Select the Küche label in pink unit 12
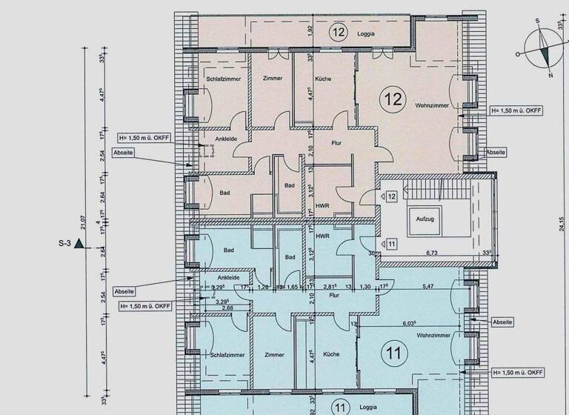(x=322, y=79)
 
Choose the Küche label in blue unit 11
(x=331, y=354)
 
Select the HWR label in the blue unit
(x=322, y=236)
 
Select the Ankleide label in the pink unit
(x=225, y=139)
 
